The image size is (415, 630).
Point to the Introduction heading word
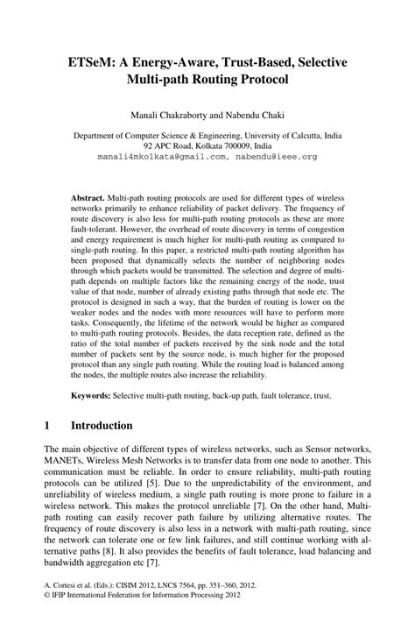click(x=98, y=426)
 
